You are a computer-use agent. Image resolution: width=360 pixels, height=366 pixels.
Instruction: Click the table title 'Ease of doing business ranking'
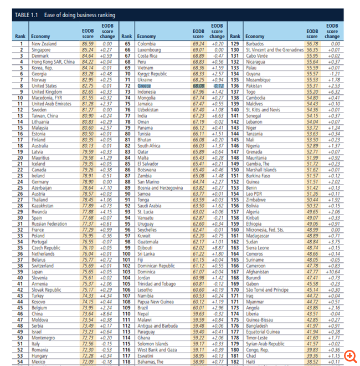pyautogui.click(x=72, y=14)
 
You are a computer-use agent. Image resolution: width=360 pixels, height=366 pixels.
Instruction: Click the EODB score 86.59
pyautogui.click(x=87, y=43)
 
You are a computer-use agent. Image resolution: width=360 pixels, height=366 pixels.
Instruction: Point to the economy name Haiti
pyautogui.click(x=250, y=362)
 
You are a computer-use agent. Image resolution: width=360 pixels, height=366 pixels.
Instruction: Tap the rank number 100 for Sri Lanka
pyautogui.click(x=126, y=253)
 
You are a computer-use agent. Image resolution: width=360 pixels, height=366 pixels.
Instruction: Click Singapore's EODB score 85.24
pyautogui.click(x=87, y=49)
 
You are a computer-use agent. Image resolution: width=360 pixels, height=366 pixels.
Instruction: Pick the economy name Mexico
pyautogui.click(x=39, y=362)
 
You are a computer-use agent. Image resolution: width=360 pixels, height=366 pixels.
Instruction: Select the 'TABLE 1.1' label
pyautogui.click(x=23, y=14)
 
